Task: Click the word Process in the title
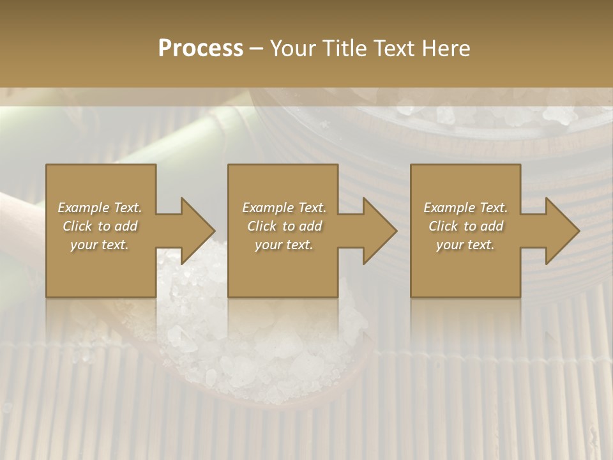[x=201, y=49]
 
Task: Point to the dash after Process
[x=257, y=49]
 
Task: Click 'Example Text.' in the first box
[x=100, y=208]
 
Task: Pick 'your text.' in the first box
[x=100, y=245]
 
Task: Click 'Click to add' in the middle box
[x=284, y=226]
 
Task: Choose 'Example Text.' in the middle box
[x=284, y=208]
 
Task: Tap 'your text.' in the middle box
[x=284, y=245]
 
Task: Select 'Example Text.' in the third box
[x=465, y=208]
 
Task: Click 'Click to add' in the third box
[x=465, y=226]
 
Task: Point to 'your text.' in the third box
[x=465, y=245]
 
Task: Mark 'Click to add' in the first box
[x=100, y=226]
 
